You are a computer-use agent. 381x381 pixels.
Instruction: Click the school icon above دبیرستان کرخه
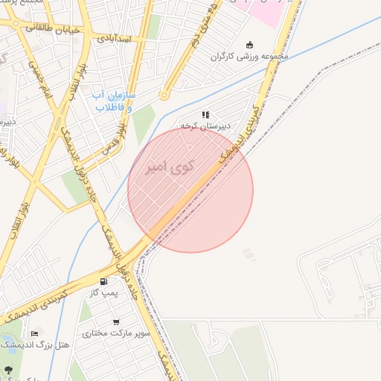205,115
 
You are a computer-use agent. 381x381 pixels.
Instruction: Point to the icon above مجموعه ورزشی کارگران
249,44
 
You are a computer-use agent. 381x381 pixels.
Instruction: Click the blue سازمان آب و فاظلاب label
112,101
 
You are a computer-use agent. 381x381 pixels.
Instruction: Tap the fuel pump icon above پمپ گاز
103,282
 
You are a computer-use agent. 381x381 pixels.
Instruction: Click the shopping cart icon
116,321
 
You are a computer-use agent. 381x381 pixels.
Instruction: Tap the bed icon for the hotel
35,333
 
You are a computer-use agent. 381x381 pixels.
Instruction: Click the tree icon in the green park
8,369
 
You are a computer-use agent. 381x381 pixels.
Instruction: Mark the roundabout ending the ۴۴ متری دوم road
164,95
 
